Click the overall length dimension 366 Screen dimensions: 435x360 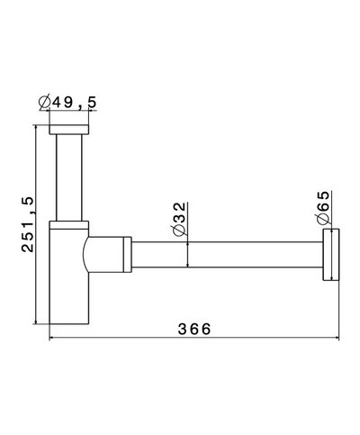tap(193, 330)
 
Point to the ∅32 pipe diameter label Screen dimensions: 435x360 tap(179, 219)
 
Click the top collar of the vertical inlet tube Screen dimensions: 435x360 tap(71, 131)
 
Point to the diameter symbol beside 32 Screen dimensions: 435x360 tap(179, 232)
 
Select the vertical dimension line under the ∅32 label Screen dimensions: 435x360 tap(187, 256)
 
